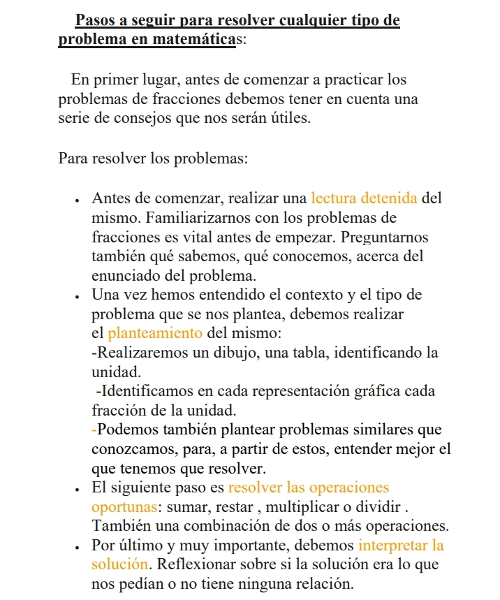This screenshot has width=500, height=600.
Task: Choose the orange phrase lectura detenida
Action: point(365,198)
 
